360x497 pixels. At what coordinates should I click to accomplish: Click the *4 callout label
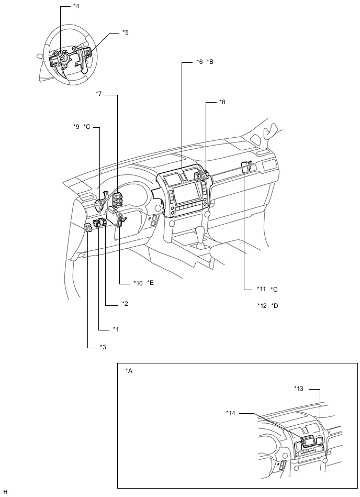76,6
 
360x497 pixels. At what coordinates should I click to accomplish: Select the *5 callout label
126,32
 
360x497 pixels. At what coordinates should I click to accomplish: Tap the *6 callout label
199,61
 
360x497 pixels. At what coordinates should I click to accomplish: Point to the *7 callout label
99,94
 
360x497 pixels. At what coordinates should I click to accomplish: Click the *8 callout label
222,102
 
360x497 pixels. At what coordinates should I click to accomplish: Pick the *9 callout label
76,127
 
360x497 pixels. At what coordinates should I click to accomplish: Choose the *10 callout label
138,283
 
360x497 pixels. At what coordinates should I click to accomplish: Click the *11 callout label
262,289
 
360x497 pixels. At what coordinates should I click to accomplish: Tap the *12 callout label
262,306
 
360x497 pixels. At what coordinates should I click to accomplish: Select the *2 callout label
125,304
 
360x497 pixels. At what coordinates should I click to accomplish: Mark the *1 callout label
116,329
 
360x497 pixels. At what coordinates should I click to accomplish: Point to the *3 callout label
103,347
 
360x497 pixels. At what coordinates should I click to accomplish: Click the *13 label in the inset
299,388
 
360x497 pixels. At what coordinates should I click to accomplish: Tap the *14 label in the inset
231,413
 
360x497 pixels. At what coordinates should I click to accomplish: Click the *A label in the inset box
129,371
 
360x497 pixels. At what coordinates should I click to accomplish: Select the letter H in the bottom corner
5,492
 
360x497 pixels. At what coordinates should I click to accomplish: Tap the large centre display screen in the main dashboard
185,194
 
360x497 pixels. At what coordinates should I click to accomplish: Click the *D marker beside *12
275,306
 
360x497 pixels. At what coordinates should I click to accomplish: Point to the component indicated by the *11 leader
246,167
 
